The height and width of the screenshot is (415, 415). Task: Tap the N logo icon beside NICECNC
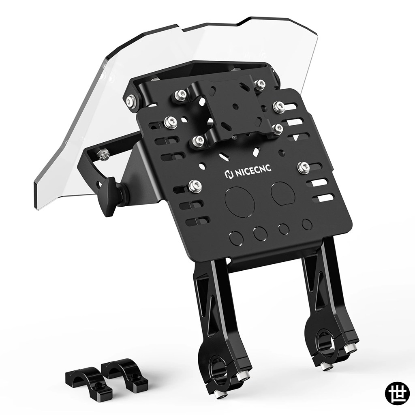click(228, 174)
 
